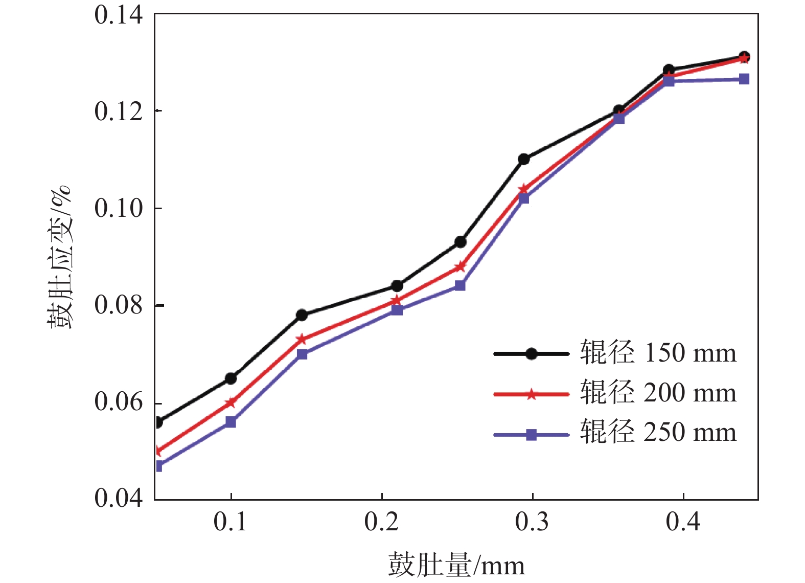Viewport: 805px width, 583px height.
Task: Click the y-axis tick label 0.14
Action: point(119,15)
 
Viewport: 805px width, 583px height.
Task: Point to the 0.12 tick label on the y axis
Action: point(119,111)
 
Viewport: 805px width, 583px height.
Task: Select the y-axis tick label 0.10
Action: point(119,208)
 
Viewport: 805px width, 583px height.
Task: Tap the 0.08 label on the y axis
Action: point(119,305)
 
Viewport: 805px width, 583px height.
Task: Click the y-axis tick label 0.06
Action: point(119,402)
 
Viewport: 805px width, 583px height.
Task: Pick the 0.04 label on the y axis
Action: point(119,498)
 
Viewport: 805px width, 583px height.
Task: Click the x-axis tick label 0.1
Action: point(230,522)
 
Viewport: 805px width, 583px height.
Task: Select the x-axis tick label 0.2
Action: point(381,522)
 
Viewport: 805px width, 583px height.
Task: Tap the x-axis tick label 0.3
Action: point(532,522)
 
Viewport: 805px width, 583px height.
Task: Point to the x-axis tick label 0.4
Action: point(683,522)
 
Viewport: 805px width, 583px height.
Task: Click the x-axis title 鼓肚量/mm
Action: point(456,565)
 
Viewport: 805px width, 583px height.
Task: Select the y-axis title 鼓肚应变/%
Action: point(60,257)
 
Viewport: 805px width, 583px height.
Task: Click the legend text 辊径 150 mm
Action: point(658,353)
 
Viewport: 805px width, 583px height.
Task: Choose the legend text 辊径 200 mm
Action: point(658,393)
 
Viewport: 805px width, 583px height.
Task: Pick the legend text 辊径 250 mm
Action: point(658,432)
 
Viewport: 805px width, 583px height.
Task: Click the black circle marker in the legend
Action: point(532,353)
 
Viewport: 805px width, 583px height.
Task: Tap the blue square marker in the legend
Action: point(532,435)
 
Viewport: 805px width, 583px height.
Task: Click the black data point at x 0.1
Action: point(231,378)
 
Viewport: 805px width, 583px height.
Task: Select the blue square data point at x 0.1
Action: point(231,422)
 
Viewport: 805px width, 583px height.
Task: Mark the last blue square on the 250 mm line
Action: point(744,79)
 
